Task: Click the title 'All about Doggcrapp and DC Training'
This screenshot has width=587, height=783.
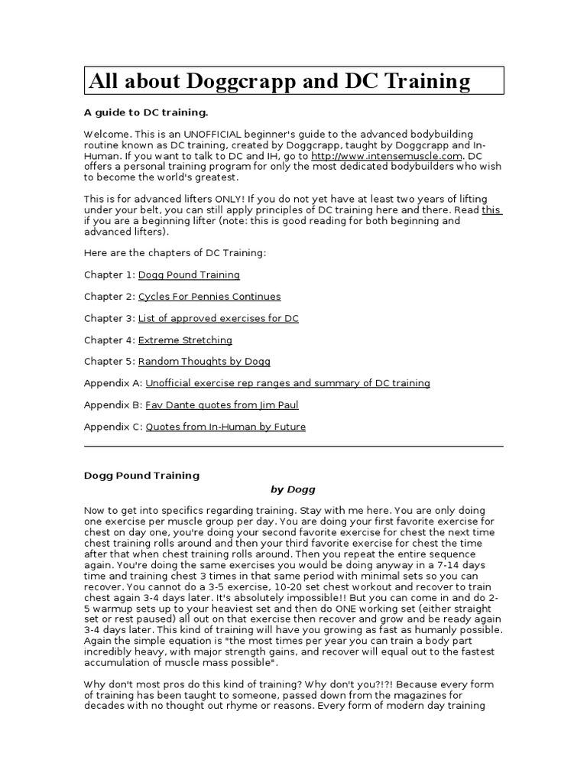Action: pos(280,81)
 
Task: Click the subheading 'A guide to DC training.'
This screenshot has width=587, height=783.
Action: pos(145,112)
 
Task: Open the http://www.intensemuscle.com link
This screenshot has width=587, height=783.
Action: pos(397,155)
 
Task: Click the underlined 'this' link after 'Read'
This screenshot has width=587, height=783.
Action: pos(491,210)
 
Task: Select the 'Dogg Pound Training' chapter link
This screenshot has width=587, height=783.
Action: pos(189,275)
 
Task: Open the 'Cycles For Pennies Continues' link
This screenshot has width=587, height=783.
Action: pos(209,297)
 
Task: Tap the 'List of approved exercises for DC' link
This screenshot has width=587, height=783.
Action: pos(219,318)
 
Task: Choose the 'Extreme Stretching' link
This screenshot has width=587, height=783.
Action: pos(185,340)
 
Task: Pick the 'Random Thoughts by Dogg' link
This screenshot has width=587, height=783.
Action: pos(204,362)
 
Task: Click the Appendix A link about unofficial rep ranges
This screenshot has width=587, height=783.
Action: pos(287,383)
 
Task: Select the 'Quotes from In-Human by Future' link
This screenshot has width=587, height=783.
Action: pos(225,427)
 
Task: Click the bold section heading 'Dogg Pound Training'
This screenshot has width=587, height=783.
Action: pos(141,475)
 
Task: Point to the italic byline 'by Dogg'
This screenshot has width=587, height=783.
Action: pos(293,489)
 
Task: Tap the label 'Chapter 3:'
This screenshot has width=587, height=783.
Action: pos(109,318)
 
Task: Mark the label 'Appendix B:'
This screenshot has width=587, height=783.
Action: pos(113,405)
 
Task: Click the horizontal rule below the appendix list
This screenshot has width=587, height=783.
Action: pos(293,446)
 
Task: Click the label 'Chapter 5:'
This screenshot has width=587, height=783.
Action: pos(109,362)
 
